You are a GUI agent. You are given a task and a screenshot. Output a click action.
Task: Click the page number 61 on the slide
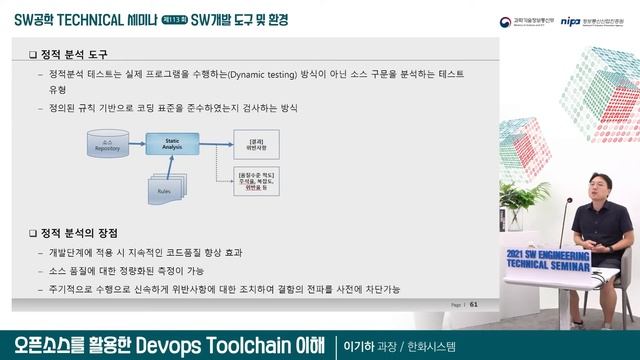pos(474,305)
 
